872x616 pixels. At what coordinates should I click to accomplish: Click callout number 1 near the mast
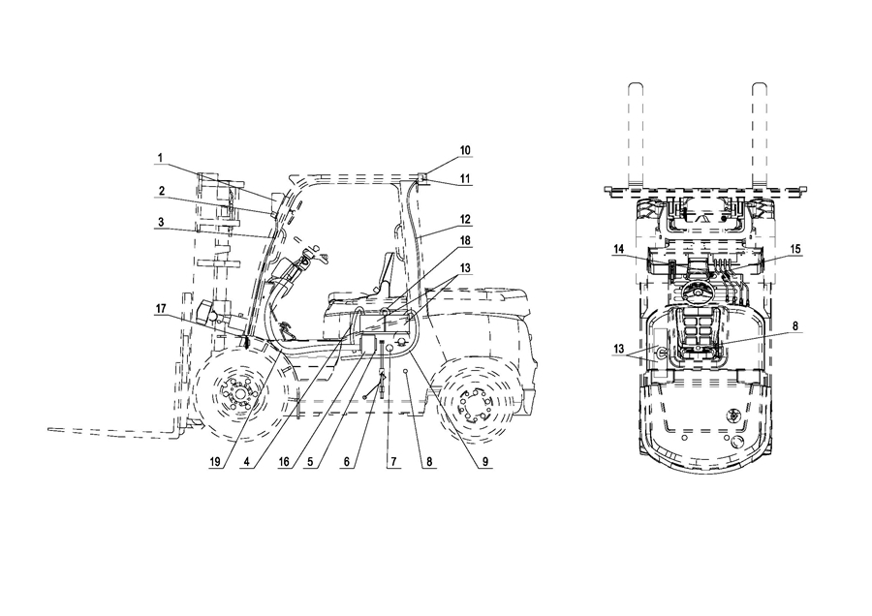pos(160,158)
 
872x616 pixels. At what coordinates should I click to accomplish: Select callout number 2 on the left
pos(162,191)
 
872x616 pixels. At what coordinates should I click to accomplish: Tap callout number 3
pos(161,222)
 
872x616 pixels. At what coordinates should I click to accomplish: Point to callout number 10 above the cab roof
pos(465,150)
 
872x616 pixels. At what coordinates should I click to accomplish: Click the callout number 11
pos(465,179)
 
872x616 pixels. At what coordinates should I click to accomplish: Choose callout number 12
pos(465,219)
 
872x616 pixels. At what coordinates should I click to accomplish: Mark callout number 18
pos(465,240)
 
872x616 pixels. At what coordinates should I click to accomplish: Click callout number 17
pos(161,308)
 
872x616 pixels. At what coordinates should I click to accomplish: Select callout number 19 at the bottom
pos(215,461)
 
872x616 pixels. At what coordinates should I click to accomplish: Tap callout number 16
pos(284,461)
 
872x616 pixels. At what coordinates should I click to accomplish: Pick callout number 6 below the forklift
pos(347,461)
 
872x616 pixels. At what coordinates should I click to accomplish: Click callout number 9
pos(485,461)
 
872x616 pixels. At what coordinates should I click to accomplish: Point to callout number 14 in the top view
pos(619,249)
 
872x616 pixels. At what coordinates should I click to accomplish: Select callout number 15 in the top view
pos(795,249)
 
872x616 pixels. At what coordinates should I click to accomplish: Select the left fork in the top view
pos(637,136)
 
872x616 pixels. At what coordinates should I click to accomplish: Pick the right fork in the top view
pos(760,136)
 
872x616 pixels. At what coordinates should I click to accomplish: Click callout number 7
pos(393,461)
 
